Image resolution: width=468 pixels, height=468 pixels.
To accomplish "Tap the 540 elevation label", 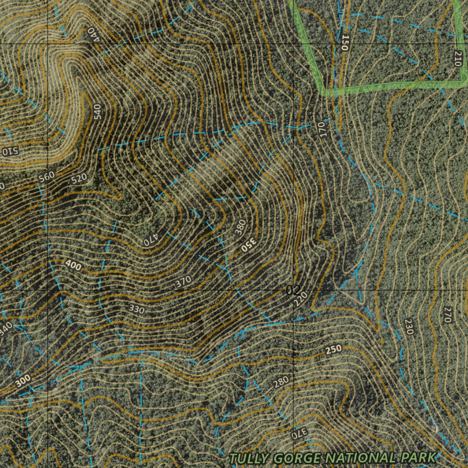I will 97,112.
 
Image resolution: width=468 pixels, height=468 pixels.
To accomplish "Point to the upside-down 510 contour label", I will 9,151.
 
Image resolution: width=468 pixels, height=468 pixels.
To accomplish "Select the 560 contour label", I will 47,176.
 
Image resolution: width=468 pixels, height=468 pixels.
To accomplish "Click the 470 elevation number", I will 151,239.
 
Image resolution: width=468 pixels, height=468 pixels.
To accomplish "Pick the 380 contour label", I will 240,227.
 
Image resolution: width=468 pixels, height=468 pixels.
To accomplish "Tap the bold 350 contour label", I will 249,245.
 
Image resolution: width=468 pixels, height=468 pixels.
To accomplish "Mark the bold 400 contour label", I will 73,265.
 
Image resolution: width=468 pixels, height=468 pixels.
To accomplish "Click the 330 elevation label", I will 136,310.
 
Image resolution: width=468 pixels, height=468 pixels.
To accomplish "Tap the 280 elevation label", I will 281,382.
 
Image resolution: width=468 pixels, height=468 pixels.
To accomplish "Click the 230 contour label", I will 409,326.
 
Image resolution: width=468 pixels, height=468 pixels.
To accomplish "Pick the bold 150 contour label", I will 345,43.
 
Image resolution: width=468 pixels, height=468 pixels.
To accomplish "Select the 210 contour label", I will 457,59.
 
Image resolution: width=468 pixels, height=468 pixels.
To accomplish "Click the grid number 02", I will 293,290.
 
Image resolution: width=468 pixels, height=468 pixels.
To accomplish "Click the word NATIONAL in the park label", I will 362,457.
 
